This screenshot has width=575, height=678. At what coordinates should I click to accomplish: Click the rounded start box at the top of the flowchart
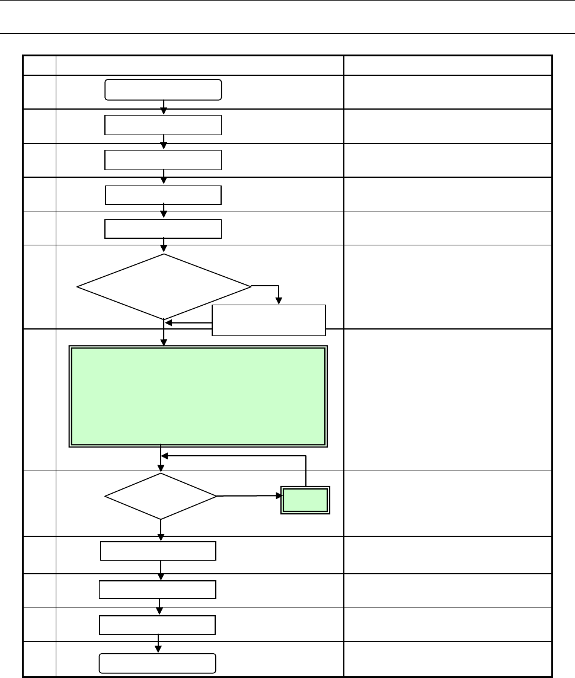tap(163, 89)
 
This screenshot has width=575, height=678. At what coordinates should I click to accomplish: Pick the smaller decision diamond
tap(161, 496)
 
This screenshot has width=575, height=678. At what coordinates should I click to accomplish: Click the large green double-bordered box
tap(198, 396)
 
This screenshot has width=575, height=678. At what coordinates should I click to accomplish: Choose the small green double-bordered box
tap(305, 500)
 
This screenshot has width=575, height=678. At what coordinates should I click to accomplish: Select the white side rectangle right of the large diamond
tap(269, 320)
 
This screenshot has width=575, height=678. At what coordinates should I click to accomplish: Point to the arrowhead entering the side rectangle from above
tap(279, 301)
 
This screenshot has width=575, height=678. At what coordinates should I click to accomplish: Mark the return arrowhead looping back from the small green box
tap(166, 456)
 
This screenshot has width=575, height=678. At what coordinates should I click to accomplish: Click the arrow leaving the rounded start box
tap(164, 107)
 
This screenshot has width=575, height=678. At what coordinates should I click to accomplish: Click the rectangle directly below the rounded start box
tap(163, 126)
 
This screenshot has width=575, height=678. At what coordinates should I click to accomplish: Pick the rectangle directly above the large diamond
tap(163, 228)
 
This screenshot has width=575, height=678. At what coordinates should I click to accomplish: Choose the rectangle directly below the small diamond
tap(158, 551)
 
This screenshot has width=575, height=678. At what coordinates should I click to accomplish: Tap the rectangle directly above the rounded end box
tap(157, 625)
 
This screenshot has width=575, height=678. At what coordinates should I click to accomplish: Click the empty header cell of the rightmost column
tap(448, 65)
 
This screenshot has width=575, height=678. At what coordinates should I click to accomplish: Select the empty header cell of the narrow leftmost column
tap(39, 65)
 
